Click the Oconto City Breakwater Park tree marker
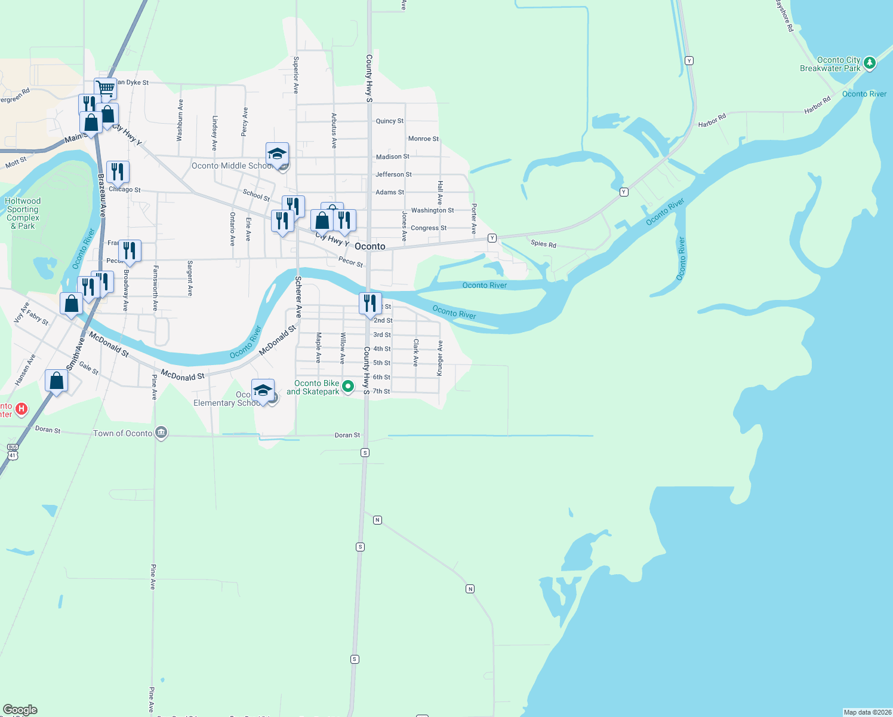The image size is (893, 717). tap(870, 63)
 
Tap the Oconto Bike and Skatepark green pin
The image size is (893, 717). tap(348, 387)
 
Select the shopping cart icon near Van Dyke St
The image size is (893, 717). tap(106, 89)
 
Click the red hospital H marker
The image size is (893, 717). tap(21, 409)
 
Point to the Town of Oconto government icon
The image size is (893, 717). tap(161, 433)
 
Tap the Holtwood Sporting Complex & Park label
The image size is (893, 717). tap(23, 213)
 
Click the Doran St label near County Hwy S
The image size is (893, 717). tap(347, 435)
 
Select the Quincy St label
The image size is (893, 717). tap(389, 121)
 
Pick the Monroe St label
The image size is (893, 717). tap(423, 139)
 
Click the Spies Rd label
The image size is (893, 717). tap(543, 244)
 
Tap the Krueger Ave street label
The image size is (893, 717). tap(440, 358)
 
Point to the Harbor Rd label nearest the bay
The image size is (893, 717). tap(817, 105)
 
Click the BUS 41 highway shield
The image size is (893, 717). tap(13, 451)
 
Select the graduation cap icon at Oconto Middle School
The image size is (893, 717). tap(277, 154)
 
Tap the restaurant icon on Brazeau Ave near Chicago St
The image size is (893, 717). tap(118, 172)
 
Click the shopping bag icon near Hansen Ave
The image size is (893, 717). tap(56, 381)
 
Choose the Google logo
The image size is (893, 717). tap(20, 710)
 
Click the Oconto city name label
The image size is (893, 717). tap(370, 246)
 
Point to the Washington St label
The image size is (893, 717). tap(432, 210)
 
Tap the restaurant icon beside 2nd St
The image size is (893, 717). tap(370, 303)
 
